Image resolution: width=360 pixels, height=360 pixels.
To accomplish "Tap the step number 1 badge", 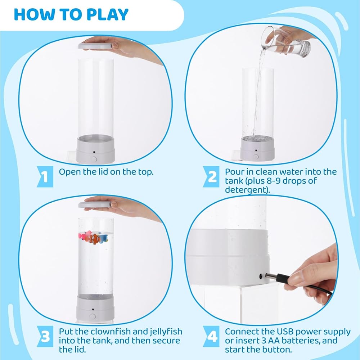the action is (45, 176).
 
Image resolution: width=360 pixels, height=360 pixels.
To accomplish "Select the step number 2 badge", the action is (211, 176).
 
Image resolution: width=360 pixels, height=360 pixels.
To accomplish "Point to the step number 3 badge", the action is (45, 337).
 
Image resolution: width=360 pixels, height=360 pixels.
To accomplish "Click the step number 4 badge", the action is (211, 337).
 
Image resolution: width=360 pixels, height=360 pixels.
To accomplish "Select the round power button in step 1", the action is (94, 159).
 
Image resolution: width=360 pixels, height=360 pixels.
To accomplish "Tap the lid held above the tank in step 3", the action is (96, 204).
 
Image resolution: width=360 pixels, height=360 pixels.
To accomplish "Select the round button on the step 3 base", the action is (93, 316).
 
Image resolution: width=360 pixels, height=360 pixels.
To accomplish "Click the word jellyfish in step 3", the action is (166, 332).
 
